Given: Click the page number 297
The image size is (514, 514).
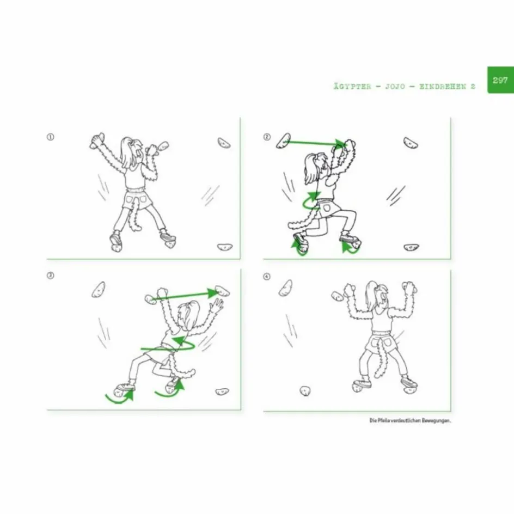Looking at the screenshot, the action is (x=500, y=80).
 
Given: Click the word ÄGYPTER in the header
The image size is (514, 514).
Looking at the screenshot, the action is (x=352, y=87).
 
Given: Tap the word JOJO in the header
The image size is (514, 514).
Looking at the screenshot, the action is (x=395, y=87).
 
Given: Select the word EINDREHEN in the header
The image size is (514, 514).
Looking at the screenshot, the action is (x=443, y=87).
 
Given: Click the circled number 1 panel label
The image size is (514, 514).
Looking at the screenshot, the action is (x=51, y=137).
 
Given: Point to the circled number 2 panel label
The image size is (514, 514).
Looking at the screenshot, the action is (x=267, y=137).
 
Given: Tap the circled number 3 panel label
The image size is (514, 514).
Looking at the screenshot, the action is (x=50, y=276).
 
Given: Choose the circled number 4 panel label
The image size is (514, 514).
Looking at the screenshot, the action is (x=267, y=277).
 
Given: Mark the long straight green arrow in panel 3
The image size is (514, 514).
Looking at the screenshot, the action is (x=186, y=295).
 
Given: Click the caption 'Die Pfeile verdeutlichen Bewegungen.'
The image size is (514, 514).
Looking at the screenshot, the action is (x=410, y=420).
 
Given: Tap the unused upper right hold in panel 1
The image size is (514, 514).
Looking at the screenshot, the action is (x=224, y=143).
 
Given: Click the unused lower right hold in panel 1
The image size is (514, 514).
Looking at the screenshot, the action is (x=225, y=247).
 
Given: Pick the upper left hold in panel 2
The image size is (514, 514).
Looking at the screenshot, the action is (x=284, y=140).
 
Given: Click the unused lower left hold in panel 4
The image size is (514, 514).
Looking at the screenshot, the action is (x=305, y=391).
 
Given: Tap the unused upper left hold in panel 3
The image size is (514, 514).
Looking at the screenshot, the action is (x=99, y=290).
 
